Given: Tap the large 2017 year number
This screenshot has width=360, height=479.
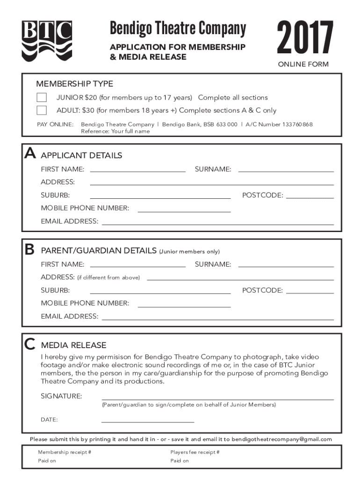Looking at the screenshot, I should (305, 37).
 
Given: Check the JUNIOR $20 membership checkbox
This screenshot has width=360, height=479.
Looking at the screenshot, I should (42, 98).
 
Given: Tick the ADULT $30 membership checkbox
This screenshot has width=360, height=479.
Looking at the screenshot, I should (42, 110).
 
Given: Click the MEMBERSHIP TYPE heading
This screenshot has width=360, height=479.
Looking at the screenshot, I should (75, 84).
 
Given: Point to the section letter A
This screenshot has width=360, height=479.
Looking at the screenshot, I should (30, 153).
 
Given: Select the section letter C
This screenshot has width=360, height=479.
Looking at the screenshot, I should (30, 344).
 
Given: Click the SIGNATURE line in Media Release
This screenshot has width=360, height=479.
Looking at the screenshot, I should (217, 399).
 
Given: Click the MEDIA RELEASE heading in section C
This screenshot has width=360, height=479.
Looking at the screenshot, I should (74, 345).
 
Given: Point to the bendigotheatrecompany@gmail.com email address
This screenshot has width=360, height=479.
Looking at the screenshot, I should (281, 439).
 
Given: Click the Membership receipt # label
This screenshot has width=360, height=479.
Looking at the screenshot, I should (65, 452).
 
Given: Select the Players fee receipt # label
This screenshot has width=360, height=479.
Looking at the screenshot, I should (195, 452).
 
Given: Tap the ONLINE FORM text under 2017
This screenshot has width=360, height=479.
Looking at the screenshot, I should (303, 65).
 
